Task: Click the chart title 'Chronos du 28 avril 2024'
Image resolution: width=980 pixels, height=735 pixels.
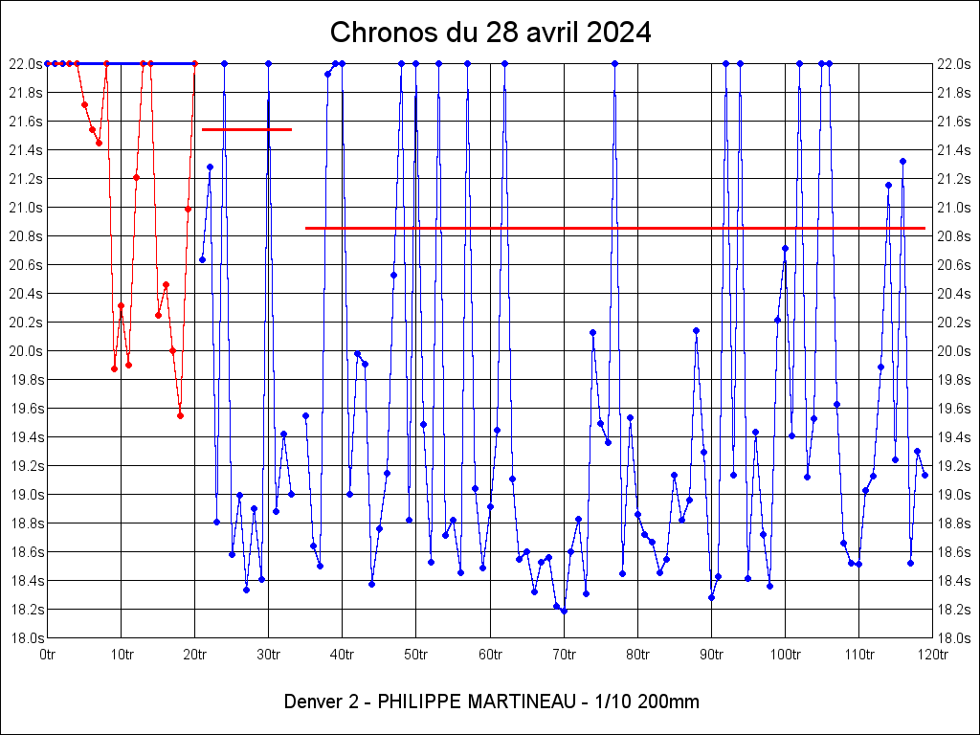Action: tap(490, 33)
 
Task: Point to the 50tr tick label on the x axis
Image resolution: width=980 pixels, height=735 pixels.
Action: tap(415, 655)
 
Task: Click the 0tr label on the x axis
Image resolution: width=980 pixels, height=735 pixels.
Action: tap(48, 655)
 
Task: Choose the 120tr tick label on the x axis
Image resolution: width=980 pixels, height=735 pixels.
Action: tap(932, 655)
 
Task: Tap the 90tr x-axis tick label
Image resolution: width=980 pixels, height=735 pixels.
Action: tap(711, 655)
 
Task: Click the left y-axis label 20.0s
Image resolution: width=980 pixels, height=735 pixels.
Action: tap(26, 351)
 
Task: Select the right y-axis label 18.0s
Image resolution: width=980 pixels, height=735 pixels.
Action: tap(953, 638)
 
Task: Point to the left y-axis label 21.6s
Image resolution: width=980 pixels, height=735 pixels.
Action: tap(26, 122)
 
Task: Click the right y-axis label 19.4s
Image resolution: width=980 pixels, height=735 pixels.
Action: tap(953, 437)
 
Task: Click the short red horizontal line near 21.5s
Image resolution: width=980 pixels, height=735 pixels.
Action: tap(246, 129)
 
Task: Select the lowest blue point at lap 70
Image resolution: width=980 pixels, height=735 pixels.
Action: tap(564, 611)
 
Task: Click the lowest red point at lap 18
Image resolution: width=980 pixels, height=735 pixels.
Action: tap(180, 415)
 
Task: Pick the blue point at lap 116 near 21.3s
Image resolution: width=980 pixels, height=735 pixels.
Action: tap(902, 161)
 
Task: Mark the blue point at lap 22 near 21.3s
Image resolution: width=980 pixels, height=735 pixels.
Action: tap(210, 167)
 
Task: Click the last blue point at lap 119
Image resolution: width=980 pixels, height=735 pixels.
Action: tap(924, 475)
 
